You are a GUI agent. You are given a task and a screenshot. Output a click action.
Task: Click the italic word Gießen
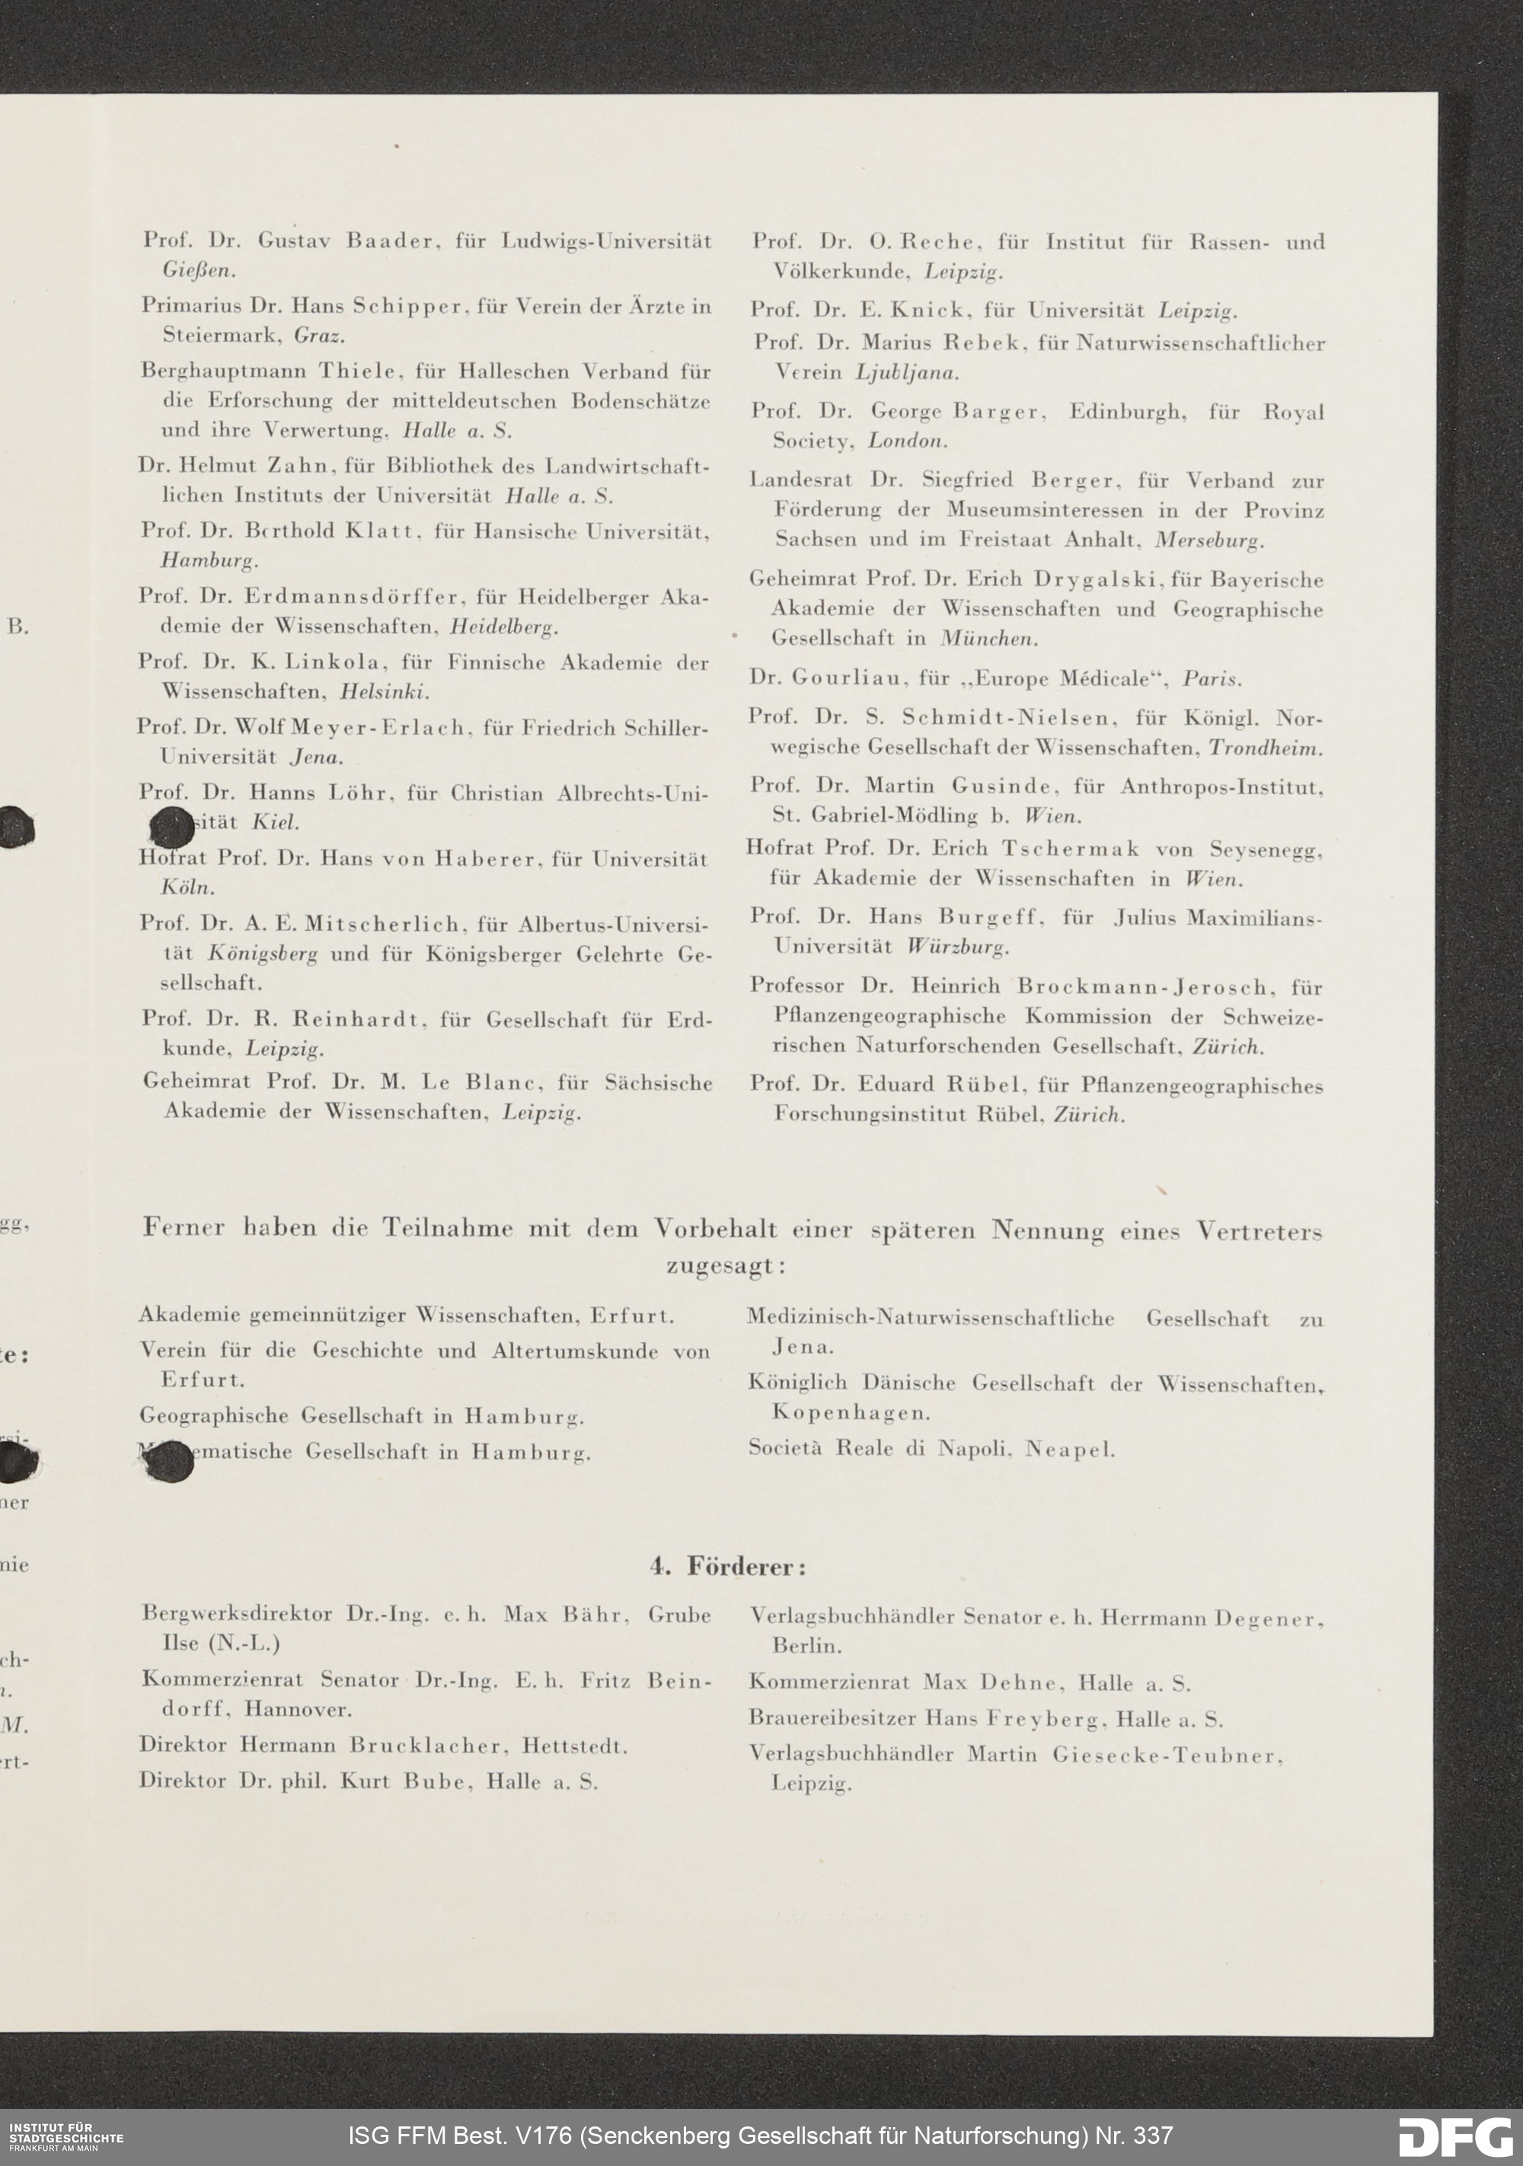[x=198, y=270]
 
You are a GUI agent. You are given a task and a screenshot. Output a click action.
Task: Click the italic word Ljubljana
[x=907, y=372]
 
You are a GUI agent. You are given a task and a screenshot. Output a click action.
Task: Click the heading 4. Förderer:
[x=726, y=1567]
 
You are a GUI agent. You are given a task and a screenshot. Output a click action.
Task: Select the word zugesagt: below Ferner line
[x=726, y=1266]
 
